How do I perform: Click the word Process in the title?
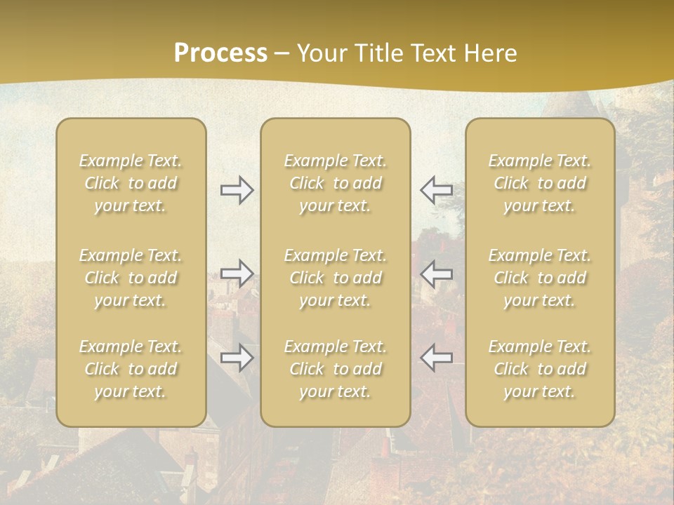click(x=220, y=53)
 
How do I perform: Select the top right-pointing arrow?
click(x=237, y=190)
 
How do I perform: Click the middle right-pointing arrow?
click(x=237, y=274)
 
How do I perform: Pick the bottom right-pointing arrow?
click(x=237, y=358)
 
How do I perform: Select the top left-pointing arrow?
click(x=436, y=190)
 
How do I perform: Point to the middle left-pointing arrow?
click(x=436, y=274)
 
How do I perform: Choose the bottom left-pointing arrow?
click(x=436, y=358)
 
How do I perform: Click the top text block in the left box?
click(x=131, y=183)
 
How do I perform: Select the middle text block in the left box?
click(x=131, y=278)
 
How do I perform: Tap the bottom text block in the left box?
click(x=131, y=369)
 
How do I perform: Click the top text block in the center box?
click(x=336, y=183)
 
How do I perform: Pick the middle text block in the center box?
click(x=336, y=278)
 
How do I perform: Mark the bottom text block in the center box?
click(x=336, y=369)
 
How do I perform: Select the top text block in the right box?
click(x=540, y=183)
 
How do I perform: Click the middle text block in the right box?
click(x=540, y=278)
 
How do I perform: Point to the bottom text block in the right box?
click(x=540, y=369)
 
